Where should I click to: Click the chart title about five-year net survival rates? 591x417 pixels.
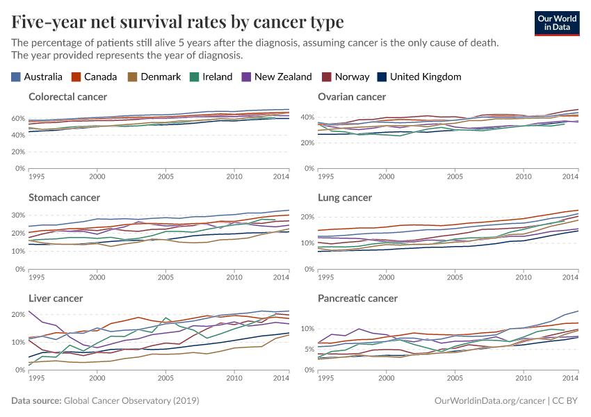click(x=177, y=22)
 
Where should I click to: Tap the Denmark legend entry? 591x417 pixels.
click(x=154, y=77)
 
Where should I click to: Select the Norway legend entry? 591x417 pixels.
click(x=346, y=77)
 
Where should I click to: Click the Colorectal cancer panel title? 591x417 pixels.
click(x=67, y=97)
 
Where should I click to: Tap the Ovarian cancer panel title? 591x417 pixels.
click(x=351, y=97)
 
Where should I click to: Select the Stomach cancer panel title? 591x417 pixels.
click(x=64, y=197)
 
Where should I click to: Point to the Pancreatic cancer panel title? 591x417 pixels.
click(x=357, y=298)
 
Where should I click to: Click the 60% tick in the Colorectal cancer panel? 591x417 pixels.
click(x=17, y=118)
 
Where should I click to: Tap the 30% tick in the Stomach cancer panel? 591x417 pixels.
click(x=17, y=215)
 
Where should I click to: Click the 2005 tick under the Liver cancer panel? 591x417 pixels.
click(x=165, y=377)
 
